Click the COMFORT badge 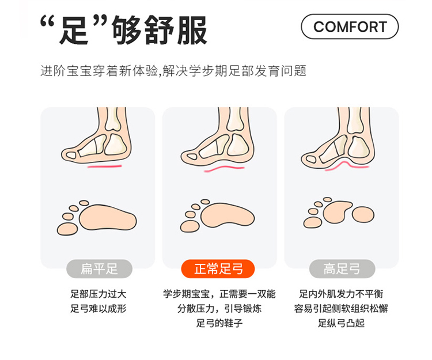click(350, 26)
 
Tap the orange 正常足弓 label click(218, 269)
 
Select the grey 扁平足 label click(99, 269)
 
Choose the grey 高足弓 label click(342, 269)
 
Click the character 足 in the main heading click(74, 31)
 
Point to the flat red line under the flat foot click(105, 166)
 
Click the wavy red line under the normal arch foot click(224, 169)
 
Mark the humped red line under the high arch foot click(347, 166)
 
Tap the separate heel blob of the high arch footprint click(363, 215)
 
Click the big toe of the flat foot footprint click(67, 229)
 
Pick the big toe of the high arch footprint click(312, 222)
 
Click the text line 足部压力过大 click(98, 294)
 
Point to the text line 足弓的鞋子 click(219, 323)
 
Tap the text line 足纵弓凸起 click(342, 323)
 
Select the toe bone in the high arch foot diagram click(311, 159)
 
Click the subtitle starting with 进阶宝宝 click(173, 71)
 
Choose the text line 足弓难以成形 click(98, 309)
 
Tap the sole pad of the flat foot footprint click(108, 218)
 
